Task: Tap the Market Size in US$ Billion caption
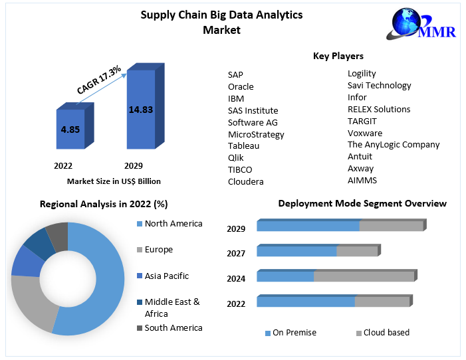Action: (114, 181)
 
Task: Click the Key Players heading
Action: (338, 56)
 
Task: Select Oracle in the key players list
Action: (241, 86)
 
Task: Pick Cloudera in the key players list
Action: (245, 181)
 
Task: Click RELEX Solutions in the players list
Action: (379, 109)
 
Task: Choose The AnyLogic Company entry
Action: (394, 144)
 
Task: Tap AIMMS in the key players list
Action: (362, 180)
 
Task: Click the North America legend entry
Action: (173, 224)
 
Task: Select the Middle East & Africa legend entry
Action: (172, 308)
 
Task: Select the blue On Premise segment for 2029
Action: (308, 226)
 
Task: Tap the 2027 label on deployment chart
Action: (236, 253)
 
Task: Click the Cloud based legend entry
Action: (386, 332)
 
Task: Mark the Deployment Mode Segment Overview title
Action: (362, 203)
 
